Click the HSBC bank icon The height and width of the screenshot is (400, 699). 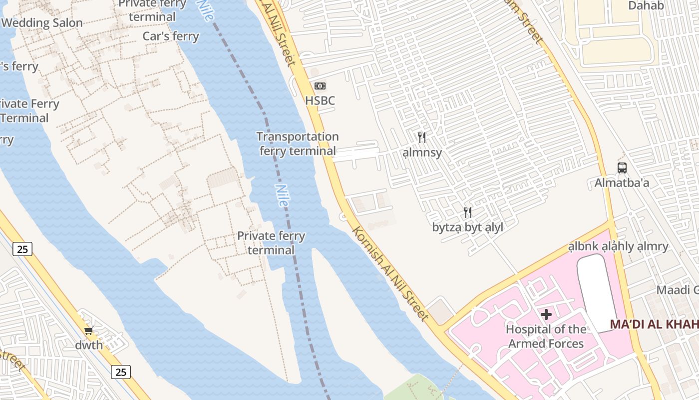click(320, 86)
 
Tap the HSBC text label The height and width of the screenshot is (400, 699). click(320, 100)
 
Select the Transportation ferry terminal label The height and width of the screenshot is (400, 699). click(298, 143)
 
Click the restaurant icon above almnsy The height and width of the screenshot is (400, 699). click(422, 137)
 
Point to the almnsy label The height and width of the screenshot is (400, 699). click(422, 152)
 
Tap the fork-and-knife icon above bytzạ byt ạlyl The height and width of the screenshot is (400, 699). click(468, 212)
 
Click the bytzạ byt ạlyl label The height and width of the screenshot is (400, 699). click(467, 227)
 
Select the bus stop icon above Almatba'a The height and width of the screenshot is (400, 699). click(622, 168)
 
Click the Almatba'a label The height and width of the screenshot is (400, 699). click(622, 183)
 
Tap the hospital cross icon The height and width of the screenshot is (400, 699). click(546, 314)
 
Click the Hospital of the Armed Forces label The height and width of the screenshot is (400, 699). click(546, 336)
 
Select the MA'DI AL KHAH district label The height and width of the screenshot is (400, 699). click(654, 324)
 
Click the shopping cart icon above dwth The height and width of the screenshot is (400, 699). click(89, 330)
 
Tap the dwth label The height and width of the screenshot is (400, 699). click(89, 345)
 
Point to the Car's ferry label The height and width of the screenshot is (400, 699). click(171, 36)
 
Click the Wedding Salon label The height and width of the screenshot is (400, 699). click(42, 23)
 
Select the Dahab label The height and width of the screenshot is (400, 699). click(646, 6)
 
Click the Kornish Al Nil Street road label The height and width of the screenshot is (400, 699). click(390, 273)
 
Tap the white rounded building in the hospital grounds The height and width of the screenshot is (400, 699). click(596, 290)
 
